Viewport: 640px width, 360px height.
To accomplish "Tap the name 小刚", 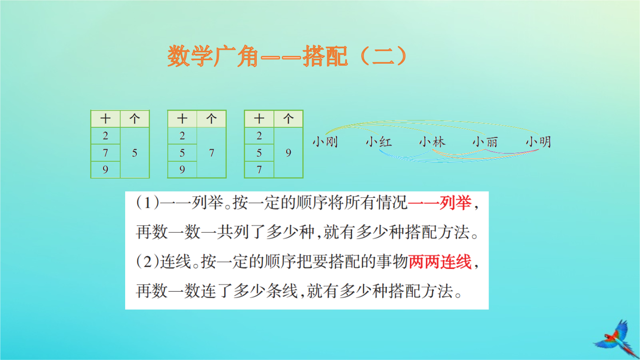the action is click(325, 142).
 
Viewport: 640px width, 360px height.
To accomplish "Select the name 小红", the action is click(378, 142).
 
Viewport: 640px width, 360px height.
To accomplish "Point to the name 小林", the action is click(432, 142).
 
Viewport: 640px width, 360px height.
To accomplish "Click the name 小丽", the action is click(485, 142).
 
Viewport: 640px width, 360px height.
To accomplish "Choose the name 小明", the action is click(538, 142).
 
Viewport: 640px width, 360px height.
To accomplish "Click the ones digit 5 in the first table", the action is click(135, 153).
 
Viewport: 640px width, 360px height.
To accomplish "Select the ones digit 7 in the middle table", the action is click(212, 153).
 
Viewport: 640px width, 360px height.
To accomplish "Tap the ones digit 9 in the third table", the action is click(288, 153).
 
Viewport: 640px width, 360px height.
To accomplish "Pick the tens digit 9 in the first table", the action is click(105, 170).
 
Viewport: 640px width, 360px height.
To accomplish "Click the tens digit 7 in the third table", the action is click(259, 170).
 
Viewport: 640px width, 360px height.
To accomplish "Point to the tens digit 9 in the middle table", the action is click(182, 170).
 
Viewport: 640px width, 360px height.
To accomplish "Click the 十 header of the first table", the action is click(105, 119).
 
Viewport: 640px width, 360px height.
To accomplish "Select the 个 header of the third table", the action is click(288, 119).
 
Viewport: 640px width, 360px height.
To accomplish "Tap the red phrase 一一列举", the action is click(440, 203).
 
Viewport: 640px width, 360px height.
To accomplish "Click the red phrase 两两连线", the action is click(440, 262).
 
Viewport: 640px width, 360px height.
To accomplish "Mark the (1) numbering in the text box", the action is click(148, 203).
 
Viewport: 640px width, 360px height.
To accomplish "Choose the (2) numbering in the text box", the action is click(148, 262).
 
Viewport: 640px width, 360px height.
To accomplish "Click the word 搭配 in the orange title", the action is click(325, 56).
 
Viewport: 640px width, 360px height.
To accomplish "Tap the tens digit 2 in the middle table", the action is click(182, 136).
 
